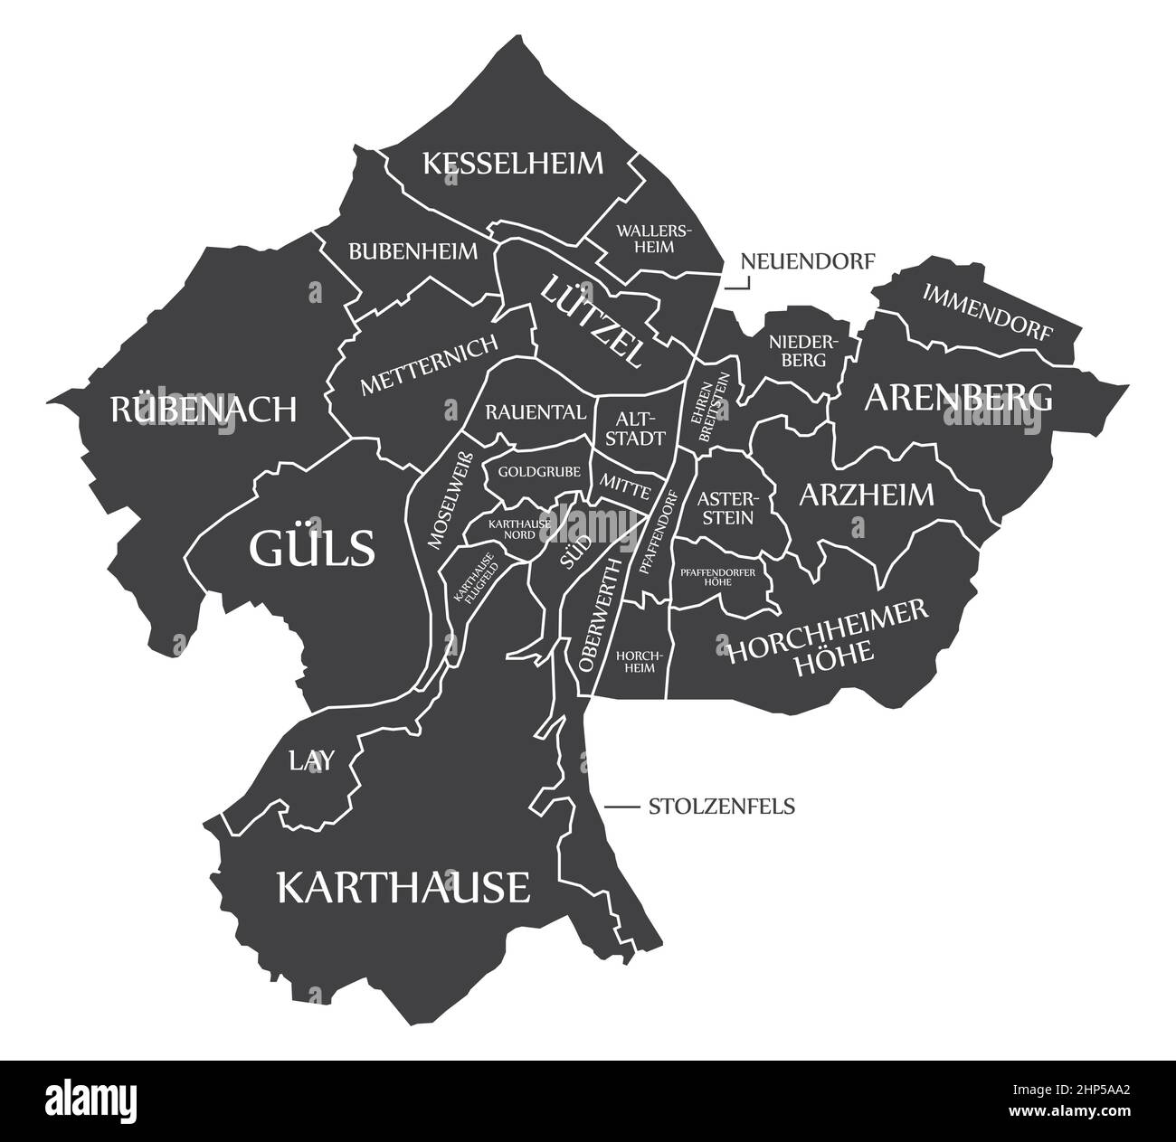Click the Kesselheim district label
click(513, 164)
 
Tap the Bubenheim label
click(413, 250)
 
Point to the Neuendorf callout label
click(808, 262)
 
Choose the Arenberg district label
click(959, 397)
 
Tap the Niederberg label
click(798, 350)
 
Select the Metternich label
click(429, 365)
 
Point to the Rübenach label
click(204, 409)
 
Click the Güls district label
click(312, 547)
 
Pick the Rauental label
click(536, 412)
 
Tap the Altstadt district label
click(640, 429)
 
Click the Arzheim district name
click(866, 495)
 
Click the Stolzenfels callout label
click(721, 806)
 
